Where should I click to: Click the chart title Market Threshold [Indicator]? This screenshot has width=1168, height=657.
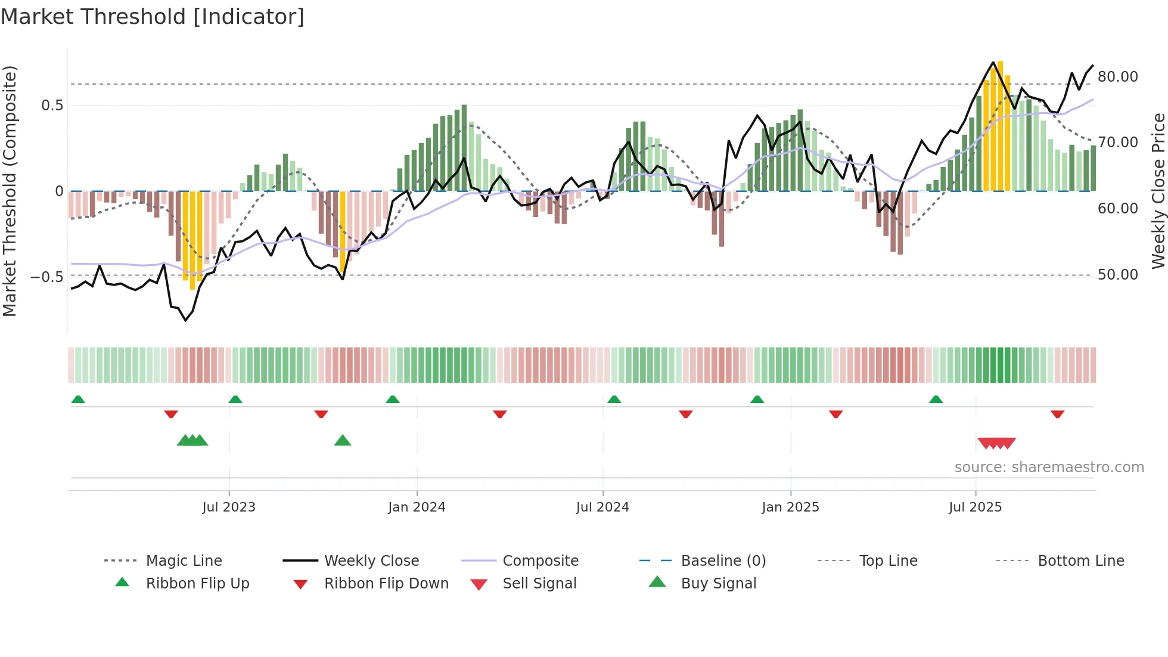pyautogui.click(x=153, y=17)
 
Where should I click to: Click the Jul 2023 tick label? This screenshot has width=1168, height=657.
pyautogui.click(x=228, y=507)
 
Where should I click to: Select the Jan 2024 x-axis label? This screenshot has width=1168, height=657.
pyautogui.click(x=417, y=507)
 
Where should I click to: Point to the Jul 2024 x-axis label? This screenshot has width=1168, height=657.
pyautogui.click(x=602, y=507)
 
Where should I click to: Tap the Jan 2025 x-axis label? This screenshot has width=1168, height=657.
pyautogui.click(x=790, y=507)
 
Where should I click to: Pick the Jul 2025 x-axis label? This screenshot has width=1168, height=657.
pyautogui.click(x=975, y=507)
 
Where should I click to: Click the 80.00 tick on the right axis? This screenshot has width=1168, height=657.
pyautogui.click(x=1118, y=77)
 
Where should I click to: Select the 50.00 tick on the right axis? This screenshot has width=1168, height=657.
pyautogui.click(x=1118, y=275)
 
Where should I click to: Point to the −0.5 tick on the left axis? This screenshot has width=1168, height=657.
pyautogui.click(x=46, y=277)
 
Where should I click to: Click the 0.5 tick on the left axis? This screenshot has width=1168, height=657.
pyautogui.click(x=52, y=106)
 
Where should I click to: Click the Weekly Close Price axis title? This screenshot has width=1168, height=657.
pyautogui.click(x=1158, y=191)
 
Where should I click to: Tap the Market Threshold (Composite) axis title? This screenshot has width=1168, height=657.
pyautogui.click(x=10, y=191)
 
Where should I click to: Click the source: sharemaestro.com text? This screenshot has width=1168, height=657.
pyautogui.click(x=1049, y=467)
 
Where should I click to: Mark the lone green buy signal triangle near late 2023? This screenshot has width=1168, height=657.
pyautogui.click(x=343, y=441)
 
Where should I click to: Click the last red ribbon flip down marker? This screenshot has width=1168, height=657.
pyautogui.click(x=1058, y=414)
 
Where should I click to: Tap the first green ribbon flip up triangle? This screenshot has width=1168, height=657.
pyautogui.click(x=78, y=399)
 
